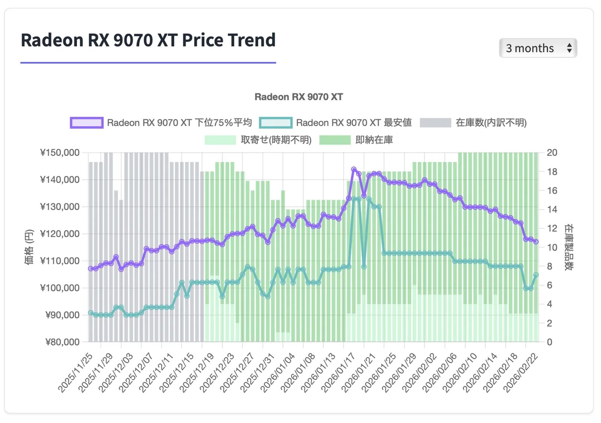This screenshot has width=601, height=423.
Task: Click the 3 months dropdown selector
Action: click(538, 48)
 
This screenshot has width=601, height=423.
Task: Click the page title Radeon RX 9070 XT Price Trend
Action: click(148, 40)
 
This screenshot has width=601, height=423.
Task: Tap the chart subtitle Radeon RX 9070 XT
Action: click(299, 97)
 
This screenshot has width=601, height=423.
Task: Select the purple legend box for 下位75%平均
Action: click(86, 123)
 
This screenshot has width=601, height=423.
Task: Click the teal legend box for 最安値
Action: click(275, 123)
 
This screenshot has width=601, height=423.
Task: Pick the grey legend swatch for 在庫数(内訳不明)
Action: click(435, 123)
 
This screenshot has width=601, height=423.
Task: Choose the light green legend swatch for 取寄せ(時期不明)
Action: click(220, 140)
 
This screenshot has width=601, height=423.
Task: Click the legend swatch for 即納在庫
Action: click(335, 140)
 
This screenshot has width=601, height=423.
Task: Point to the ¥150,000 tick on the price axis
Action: click(60, 153)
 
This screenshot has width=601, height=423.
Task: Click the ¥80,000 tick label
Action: click(62, 342)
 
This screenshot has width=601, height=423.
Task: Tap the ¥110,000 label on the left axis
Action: click(60, 261)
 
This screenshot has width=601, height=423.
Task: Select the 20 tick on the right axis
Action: click(552, 153)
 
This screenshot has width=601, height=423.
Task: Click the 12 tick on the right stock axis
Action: click(552, 228)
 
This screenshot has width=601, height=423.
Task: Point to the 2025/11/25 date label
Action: click(76, 373)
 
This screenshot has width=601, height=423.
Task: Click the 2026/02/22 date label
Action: click(521, 373)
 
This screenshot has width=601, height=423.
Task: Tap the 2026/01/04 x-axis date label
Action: click(278, 373)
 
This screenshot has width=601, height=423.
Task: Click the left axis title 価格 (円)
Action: click(29, 247)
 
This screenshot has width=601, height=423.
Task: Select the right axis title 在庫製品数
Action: click(569, 247)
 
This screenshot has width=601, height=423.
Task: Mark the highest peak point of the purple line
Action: click(354, 169)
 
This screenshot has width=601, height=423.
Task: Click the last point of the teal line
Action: click(536, 275)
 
